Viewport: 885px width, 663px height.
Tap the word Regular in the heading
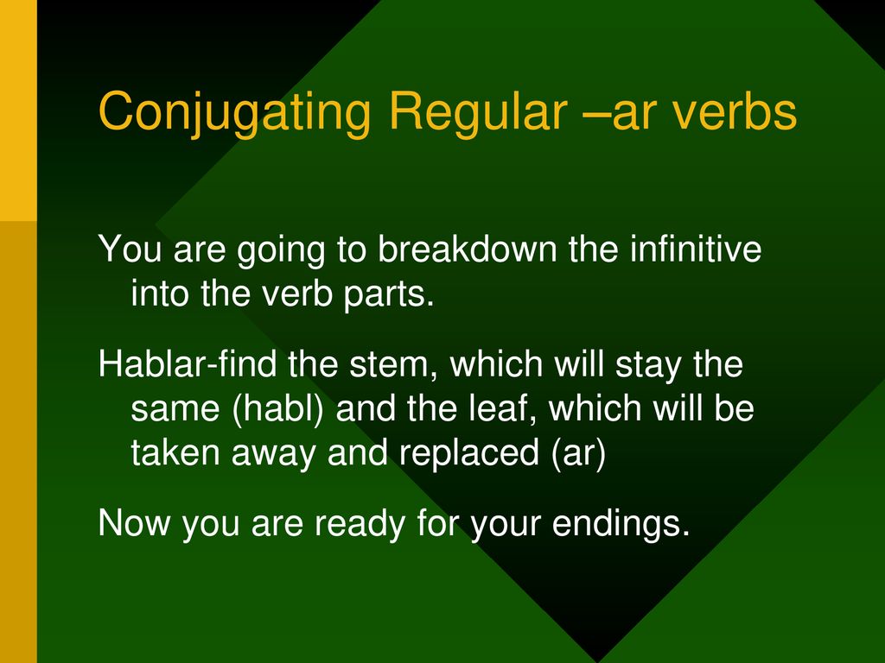(478, 112)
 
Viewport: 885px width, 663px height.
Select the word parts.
(390, 294)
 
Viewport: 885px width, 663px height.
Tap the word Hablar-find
(188, 363)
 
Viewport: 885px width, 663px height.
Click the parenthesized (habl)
(278, 408)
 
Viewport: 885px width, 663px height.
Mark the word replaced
(469, 453)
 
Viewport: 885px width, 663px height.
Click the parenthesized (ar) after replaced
(577, 454)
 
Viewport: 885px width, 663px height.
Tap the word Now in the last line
(134, 522)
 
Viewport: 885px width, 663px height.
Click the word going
(281, 250)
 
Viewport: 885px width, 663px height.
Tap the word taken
(175, 452)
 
